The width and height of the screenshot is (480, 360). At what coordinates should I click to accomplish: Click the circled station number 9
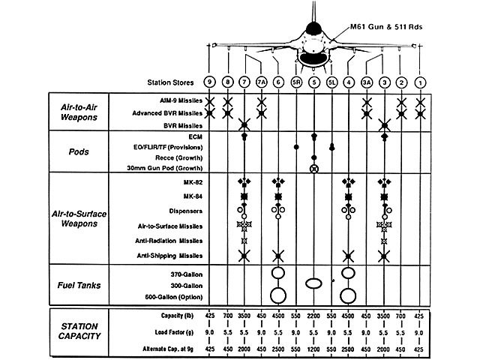pos(209,82)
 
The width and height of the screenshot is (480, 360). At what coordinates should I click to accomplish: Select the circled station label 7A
pos(262,82)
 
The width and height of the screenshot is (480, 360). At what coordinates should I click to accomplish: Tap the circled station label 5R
pos(296,82)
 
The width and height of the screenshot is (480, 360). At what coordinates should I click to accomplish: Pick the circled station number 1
pos(420,82)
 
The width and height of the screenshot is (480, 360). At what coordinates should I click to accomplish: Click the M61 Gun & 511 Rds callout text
pos(386,27)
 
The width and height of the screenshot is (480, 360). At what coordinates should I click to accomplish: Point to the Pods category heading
pos(79,151)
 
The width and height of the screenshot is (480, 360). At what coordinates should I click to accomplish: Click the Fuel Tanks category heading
pos(79,285)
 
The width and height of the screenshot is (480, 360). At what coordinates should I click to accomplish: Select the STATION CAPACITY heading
pos(79,331)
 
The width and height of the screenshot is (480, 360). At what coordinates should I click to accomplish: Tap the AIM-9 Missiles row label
pos(181,100)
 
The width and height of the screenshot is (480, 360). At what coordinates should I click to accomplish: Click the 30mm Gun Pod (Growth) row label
pos(165,168)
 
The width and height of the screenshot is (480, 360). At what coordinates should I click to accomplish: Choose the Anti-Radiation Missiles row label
pos(169,241)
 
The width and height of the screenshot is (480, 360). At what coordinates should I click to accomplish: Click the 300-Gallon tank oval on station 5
pos(313,283)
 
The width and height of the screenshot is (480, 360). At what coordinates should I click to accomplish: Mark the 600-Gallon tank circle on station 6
pos(278,295)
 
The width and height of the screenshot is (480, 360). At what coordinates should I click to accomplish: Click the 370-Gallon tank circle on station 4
pos(348,273)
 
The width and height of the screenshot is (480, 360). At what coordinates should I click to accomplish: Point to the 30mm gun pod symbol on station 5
pos(314,169)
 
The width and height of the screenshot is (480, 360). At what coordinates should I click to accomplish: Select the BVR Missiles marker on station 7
pos(244,125)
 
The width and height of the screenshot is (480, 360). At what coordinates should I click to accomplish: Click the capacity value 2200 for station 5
pos(313,316)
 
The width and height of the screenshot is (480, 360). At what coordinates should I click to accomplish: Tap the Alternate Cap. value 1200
pos(313,349)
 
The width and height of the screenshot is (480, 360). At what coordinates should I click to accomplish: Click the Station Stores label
pos(170,82)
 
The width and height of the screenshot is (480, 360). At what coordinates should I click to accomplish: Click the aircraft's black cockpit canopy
pos(313,28)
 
